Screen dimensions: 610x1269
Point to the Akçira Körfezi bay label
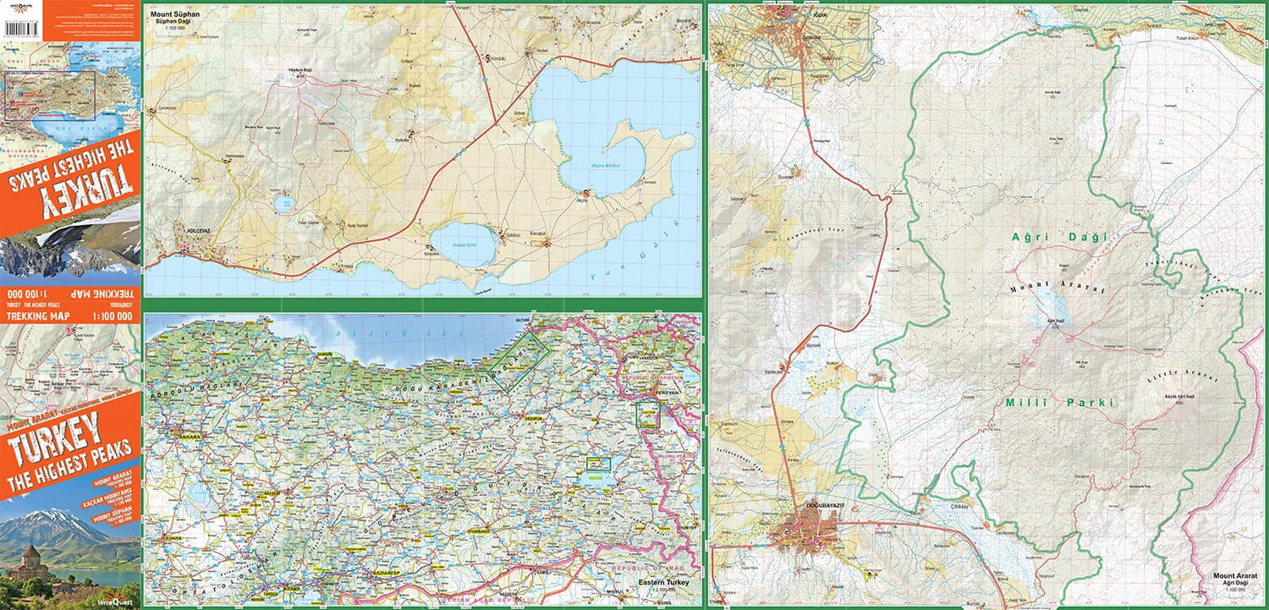click(x=605, y=165)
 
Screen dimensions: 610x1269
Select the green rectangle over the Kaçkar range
click(x=520, y=360)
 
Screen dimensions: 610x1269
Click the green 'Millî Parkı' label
click(x=1058, y=403)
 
